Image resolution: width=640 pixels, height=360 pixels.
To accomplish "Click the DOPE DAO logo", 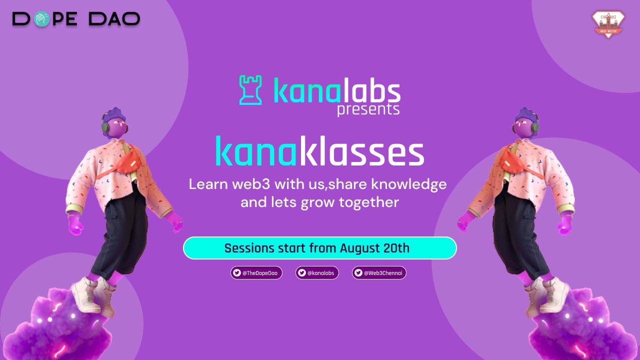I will (76, 19).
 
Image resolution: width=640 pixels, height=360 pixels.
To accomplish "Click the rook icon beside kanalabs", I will (250, 90).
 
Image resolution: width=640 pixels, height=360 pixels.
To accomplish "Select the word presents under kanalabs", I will (368, 109).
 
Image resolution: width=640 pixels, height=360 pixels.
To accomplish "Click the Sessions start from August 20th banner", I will (319, 248).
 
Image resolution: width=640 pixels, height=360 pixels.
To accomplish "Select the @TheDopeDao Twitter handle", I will (256, 273).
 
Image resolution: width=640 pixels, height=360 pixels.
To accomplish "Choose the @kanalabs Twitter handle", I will (317, 273).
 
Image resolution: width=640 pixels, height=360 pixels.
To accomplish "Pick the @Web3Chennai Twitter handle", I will (379, 273).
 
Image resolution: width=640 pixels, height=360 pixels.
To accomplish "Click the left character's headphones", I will (105, 127).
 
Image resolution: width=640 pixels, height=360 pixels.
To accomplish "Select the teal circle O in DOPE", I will (42, 19).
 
